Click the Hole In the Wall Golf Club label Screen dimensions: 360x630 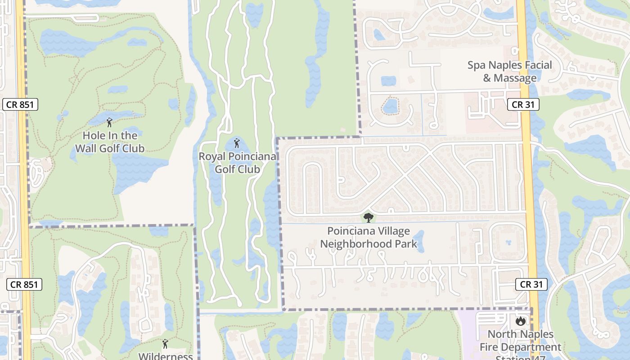110,142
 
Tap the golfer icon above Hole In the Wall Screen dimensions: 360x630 109,122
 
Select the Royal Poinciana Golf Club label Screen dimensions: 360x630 237,163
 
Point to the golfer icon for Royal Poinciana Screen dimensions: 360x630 237,144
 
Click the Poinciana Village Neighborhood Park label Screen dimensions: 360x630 369,238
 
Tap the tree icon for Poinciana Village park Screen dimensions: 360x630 369,218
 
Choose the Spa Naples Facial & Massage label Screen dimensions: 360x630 509,71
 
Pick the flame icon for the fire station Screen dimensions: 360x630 521,321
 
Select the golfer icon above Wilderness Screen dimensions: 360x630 165,343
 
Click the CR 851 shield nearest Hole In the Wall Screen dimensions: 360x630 20,104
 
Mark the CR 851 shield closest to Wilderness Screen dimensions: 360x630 25,284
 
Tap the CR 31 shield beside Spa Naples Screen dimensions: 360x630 523,104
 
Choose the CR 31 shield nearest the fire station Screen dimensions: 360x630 531,284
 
